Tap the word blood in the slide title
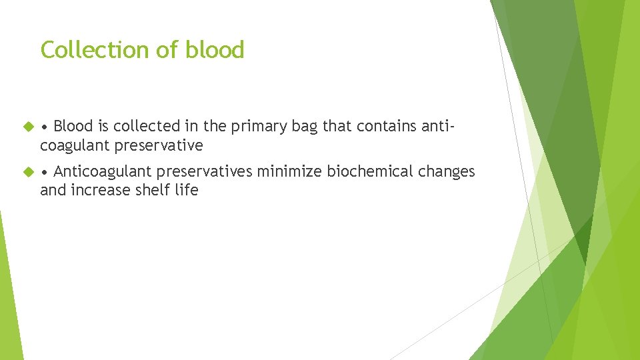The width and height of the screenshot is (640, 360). coord(215,50)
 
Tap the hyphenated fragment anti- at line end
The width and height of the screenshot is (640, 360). coord(441,126)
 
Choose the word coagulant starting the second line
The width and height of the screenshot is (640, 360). coord(75,145)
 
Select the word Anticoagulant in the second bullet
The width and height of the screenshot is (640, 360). coord(103,171)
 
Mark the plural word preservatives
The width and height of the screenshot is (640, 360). coord(205,171)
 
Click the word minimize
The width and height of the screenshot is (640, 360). coord(290,171)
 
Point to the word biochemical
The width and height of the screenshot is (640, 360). coord(369,171)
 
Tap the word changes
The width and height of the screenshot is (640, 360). coord(447,171)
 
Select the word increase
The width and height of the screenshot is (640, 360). coord(101,190)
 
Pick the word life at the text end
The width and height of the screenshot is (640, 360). coord(187,190)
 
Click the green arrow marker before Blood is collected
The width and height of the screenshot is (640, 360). coord(28,126)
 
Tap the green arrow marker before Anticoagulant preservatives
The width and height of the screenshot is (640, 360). coord(28,172)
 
